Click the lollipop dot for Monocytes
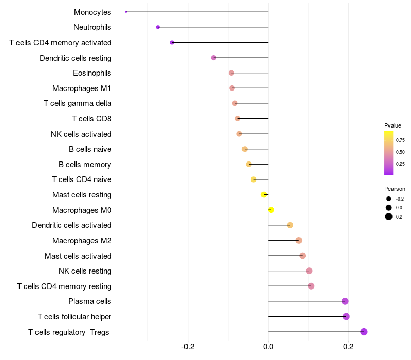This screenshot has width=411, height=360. (126, 12)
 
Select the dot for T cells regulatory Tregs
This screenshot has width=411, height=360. (364, 332)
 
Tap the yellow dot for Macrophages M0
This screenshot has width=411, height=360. (271, 210)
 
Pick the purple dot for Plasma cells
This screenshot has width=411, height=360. (345, 301)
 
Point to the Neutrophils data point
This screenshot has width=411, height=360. (158, 27)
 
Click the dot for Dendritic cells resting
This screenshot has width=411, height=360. (214, 58)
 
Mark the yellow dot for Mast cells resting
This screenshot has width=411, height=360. (264, 194)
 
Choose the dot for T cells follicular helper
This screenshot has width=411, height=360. (346, 316)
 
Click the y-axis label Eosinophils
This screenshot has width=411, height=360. (92, 73)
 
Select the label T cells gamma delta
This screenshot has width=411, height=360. (78, 103)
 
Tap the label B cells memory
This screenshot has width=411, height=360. (85, 165)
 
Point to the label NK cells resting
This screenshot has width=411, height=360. (85, 271)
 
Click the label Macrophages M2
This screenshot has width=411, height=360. (82, 241)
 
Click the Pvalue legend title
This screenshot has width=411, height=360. (393, 125)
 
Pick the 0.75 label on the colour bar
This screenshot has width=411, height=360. (400, 140)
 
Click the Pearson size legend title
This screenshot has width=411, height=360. (395, 189)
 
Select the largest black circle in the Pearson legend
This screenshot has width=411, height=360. (389, 217)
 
